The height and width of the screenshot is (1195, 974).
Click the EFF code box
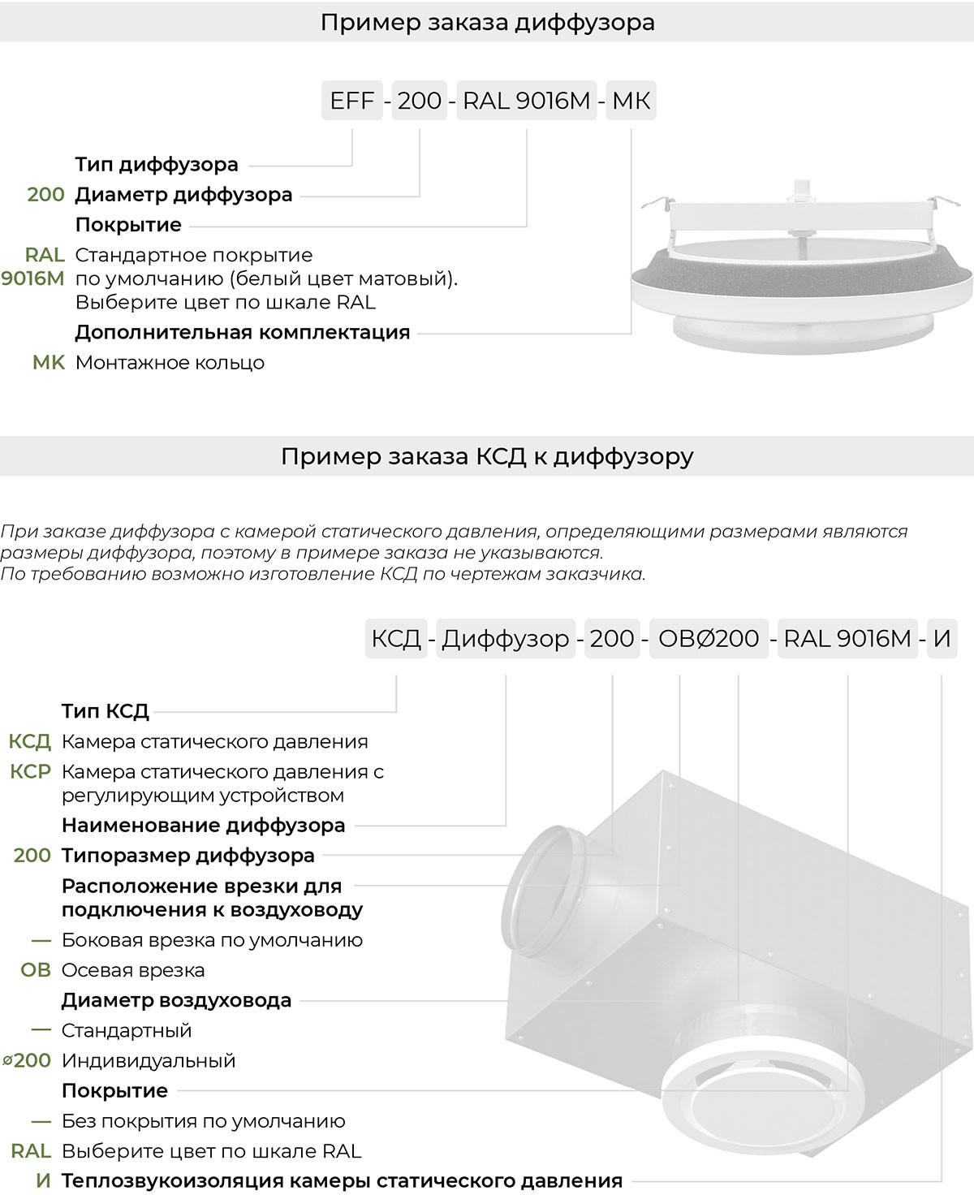tap(351, 101)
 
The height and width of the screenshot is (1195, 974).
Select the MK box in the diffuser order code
tap(631, 101)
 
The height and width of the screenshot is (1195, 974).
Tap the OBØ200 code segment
tap(709, 639)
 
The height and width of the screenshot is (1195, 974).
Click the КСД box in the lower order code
tap(396, 639)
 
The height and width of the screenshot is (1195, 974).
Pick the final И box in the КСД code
tap(942, 639)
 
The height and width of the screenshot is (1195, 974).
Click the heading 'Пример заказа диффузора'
tap(487, 22)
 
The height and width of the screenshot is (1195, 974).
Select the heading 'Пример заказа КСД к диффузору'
tap(487, 456)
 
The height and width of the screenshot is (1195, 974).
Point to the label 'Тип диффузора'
tap(157, 165)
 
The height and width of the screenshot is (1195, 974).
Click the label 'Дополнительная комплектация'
tap(242, 332)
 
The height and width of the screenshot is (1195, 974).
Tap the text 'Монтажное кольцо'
tap(170, 362)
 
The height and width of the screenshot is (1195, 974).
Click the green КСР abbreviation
tap(31, 771)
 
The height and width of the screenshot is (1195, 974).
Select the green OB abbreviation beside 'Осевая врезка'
tap(36, 970)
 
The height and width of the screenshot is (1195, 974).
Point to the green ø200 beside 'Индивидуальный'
tap(27, 1060)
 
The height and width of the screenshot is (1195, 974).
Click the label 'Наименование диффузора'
tap(203, 826)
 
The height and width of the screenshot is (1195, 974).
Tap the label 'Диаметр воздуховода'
tap(176, 1000)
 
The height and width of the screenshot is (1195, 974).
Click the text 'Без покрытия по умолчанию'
tap(203, 1121)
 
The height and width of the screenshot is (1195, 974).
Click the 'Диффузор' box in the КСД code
tap(506, 639)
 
